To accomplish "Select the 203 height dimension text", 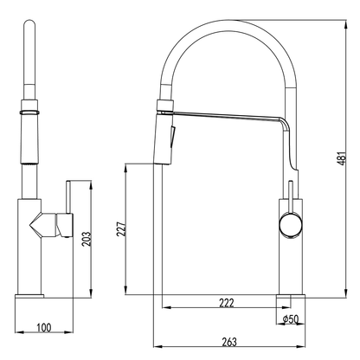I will coord(85,237).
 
